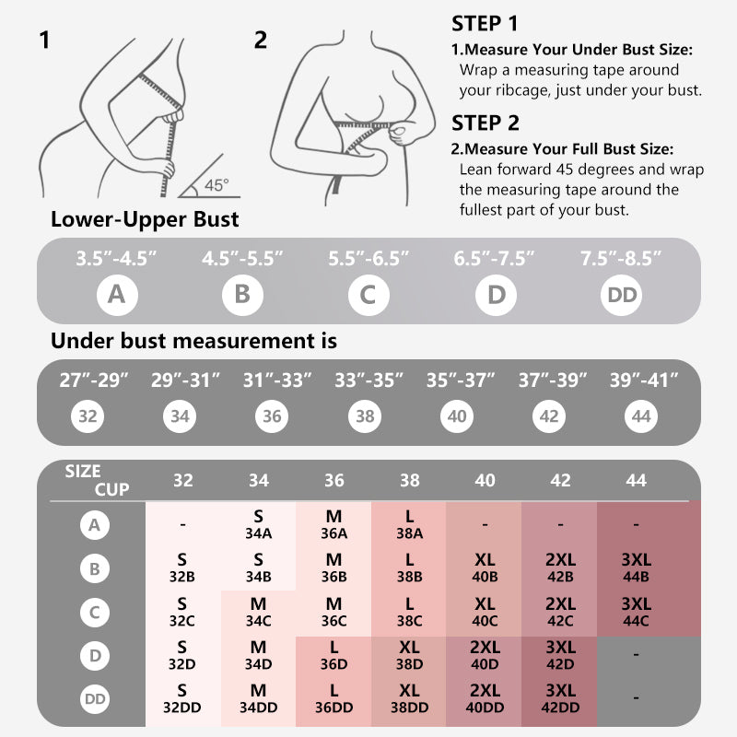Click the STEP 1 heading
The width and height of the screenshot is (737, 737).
485,23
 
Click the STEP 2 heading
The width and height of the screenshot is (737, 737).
485,123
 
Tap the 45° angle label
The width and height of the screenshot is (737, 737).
216,184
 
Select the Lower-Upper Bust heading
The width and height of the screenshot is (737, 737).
145,219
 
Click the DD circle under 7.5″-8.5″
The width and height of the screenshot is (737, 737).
621,295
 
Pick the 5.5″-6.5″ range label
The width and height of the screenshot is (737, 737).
368,259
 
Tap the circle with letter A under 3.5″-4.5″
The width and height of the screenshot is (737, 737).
116,295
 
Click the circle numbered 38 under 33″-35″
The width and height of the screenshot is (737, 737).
365,416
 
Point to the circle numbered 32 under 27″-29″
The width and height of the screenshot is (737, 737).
88,416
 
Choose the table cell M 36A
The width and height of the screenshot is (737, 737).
333,525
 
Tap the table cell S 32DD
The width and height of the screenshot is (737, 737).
183,698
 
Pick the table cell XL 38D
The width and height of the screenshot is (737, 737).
409,656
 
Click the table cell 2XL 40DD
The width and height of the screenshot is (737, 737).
485,698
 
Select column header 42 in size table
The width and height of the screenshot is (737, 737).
560,480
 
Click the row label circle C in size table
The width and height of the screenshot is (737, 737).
94,612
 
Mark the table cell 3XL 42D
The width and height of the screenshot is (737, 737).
560,656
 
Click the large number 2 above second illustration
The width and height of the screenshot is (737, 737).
261,40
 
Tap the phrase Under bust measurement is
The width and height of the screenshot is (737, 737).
193,341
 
